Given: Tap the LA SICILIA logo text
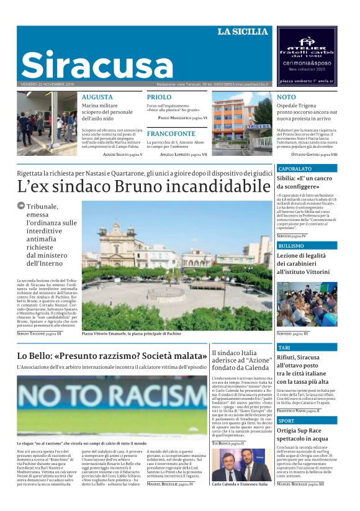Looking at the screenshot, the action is point(243,32).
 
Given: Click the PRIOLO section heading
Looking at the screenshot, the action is point(159,97).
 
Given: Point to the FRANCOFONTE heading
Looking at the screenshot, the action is point(171,133).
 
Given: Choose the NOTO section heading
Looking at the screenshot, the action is point(286,97).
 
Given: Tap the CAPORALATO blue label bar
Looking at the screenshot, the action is point(307,168).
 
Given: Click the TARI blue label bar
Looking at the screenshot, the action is point(307,348).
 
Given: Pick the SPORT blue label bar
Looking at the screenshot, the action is point(307,420).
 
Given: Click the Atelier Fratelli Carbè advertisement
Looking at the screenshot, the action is point(307,56).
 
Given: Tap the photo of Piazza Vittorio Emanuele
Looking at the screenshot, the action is point(176,265).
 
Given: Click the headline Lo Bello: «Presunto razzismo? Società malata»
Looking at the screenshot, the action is point(112,356).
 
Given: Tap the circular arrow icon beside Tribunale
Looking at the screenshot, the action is point(21,206).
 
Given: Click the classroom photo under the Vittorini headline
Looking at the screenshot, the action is point(307,305).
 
